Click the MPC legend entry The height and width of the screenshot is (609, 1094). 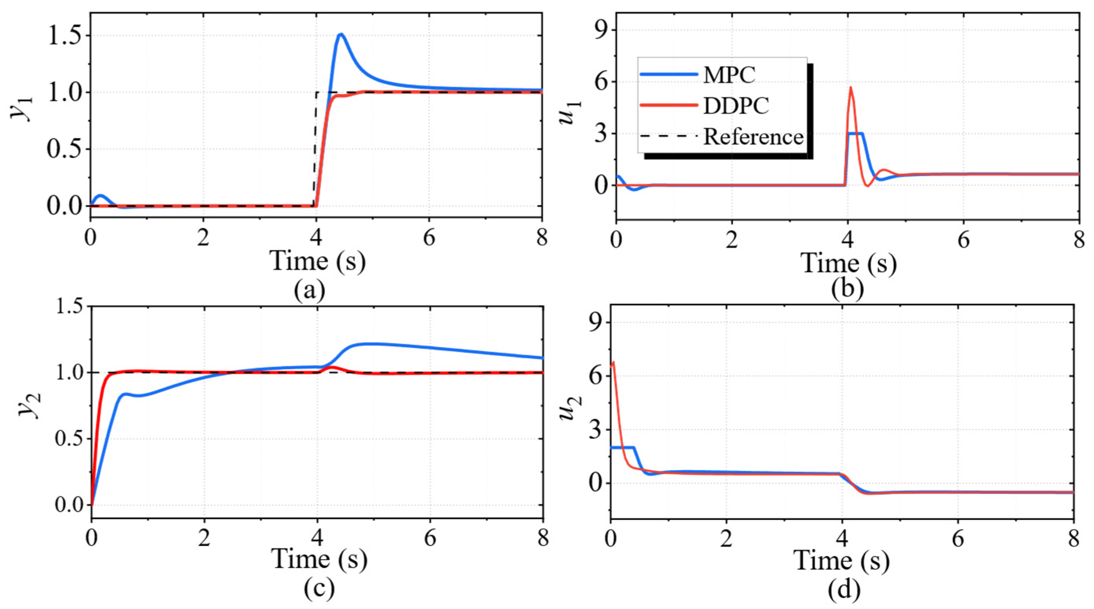698,75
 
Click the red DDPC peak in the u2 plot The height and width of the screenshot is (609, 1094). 613,363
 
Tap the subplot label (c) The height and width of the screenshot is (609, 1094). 319,589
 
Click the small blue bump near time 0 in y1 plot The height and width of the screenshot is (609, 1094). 100,196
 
